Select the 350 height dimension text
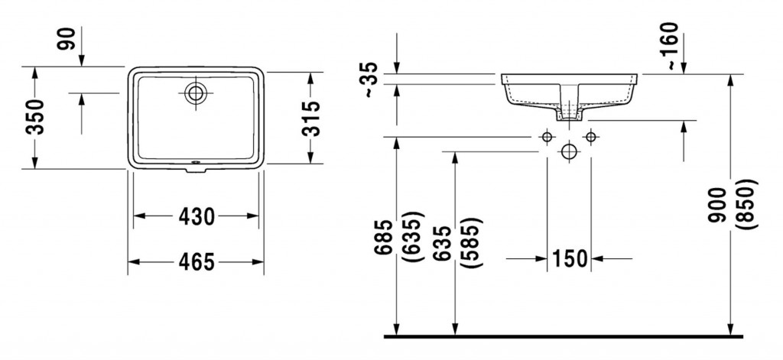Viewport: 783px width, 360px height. (x=36, y=117)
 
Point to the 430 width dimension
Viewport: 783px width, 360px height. (x=196, y=217)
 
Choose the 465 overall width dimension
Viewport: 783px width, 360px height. (x=196, y=261)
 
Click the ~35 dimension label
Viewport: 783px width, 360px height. (x=369, y=80)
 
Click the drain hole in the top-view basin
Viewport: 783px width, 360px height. (x=196, y=94)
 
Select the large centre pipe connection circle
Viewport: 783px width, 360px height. (x=568, y=151)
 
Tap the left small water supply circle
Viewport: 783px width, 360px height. (x=546, y=136)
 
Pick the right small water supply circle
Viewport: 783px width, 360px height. (x=590, y=136)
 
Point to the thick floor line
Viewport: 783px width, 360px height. (x=562, y=336)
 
